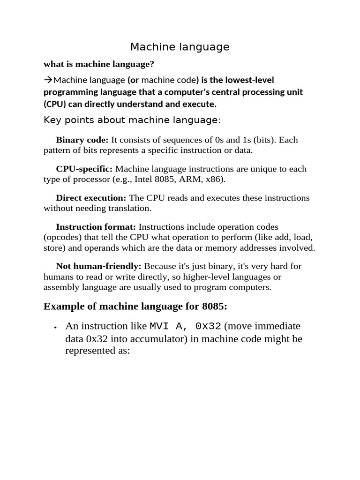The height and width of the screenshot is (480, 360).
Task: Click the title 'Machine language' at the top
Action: [180, 47]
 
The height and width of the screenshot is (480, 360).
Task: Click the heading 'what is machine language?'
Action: [99, 64]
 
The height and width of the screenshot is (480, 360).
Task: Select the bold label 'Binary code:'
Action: [82, 140]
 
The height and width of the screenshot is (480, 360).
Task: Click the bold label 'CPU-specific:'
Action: [84, 169]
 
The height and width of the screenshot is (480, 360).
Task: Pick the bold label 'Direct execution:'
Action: [91, 198]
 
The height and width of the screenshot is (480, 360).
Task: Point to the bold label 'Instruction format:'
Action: [96, 227]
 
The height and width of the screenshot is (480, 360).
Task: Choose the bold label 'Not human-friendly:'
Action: [98, 266]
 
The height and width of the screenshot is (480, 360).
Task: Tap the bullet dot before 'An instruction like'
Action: [55, 327]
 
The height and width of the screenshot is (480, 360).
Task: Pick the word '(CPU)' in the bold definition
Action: [55, 104]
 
